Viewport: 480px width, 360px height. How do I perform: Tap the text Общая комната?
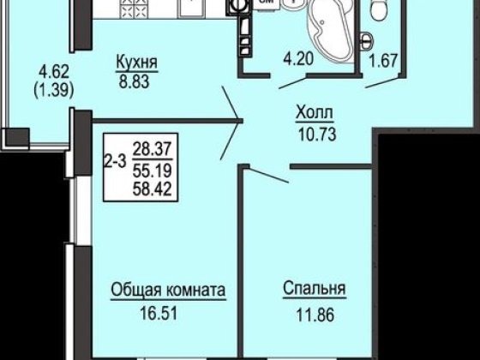168,290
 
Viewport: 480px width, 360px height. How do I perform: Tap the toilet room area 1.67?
383,61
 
